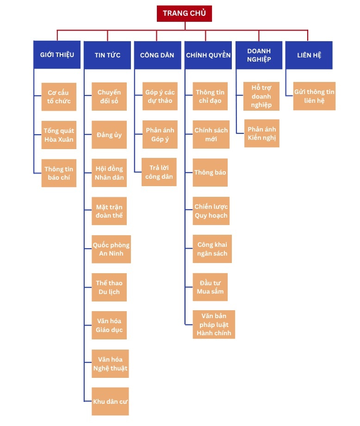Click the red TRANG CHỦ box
[x=184, y=13]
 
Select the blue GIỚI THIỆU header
[x=57, y=55]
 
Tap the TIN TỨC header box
[x=107, y=55]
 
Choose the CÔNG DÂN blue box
[x=157, y=55]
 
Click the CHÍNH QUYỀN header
[x=208, y=55]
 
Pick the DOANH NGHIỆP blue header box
[x=259, y=55]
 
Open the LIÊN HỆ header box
[x=309, y=55]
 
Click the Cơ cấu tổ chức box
[x=59, y=97]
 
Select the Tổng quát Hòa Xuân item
[x=59, y=135]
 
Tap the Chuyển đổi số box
[x=109, y=97]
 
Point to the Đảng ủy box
[x=109, y=135]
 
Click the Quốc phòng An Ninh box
[x=111, y=249]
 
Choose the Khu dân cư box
[x=110, y=401]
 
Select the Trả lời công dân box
[x=159, y=172]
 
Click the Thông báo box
[x=210, y=173]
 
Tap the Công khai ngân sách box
[x=212, y=249]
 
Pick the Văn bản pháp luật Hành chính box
[x=214, y=324]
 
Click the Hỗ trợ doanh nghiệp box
[x=261, y=96]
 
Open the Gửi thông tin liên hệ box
[x=314, y=96]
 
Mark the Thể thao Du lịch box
[x=109, y=287]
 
